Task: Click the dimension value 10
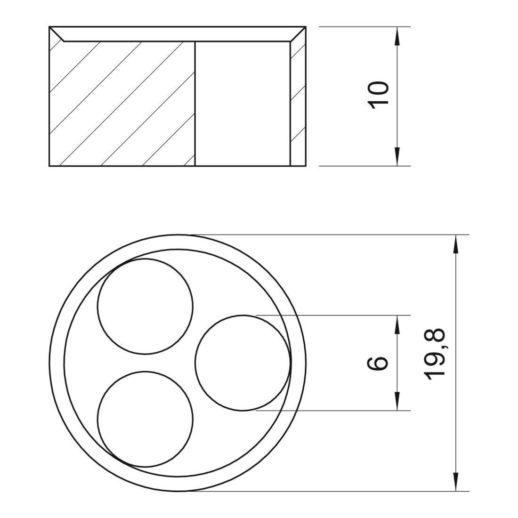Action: [x=379, y=95]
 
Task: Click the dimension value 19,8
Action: [x=436, y=355]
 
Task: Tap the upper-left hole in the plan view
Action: [x=145, y=306]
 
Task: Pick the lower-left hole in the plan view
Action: [x=145, y=419]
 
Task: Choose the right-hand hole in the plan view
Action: [x=243, y=363]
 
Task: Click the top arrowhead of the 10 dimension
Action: [x=397, y=36]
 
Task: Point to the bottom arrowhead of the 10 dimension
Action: [x=397, y=156]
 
